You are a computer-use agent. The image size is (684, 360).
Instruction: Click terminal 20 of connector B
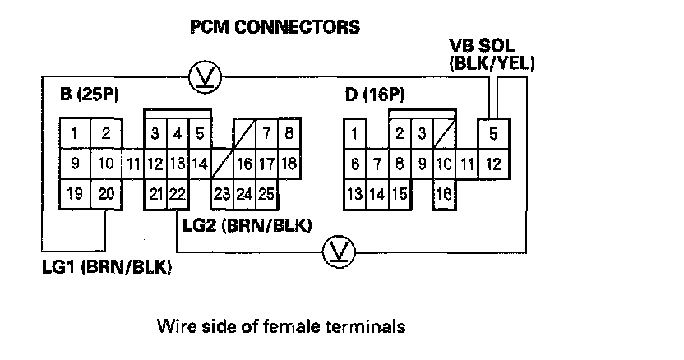coord(105,194)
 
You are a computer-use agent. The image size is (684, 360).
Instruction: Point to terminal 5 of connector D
coord(492,133)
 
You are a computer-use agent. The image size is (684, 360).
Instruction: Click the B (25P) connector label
coord(90,96)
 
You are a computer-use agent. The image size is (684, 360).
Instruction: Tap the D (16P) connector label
coord(375,96)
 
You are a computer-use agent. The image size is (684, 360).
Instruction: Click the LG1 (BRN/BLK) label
coord(106,268)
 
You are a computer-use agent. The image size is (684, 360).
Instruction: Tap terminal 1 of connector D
coord(354,133)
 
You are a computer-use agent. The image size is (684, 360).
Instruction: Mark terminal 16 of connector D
coord(444,195)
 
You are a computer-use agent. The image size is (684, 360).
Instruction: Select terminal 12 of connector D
coord(492,164)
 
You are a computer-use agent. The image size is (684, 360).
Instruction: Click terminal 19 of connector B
coord(75,194)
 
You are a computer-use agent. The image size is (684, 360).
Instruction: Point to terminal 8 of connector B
coord(288,133)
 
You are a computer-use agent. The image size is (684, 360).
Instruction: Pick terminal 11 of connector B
coord(134,164)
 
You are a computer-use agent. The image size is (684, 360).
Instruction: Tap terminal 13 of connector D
coord(354,195)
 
